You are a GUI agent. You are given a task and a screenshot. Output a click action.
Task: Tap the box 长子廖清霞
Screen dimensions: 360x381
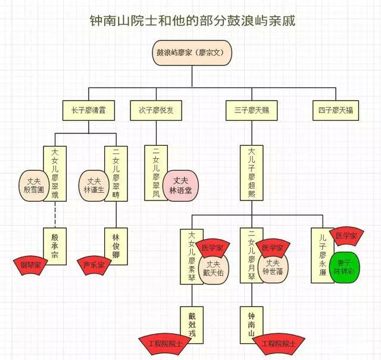[89, 111]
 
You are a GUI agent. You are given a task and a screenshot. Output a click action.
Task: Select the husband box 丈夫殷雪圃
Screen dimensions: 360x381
[32, 185]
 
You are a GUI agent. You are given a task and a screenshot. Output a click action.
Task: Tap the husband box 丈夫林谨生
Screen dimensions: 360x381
[92, 185]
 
